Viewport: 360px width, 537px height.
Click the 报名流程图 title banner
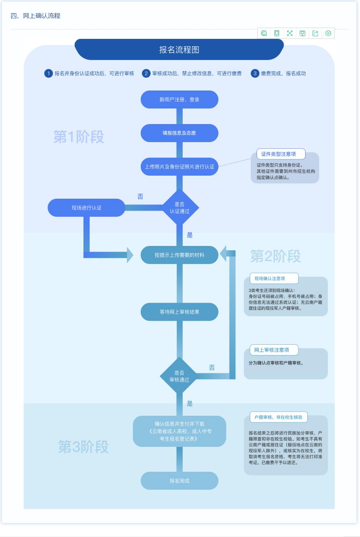[x=179, y=50]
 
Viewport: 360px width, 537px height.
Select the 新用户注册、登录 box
[x=179, y=99]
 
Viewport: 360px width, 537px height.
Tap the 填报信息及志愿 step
[x=179, y=133]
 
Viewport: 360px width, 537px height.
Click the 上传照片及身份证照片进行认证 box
[x=179, y=167]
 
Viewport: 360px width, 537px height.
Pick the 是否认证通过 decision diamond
[x=179, y=208]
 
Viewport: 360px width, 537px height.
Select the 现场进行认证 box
[x=86, y=208]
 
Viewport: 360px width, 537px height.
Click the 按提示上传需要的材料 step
[x=179, y=255]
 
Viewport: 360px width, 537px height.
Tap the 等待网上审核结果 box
[x=179, y=312]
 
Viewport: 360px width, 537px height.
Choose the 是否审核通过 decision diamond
[x=179, y=376]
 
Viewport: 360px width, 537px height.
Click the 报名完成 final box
[x=179, y=481]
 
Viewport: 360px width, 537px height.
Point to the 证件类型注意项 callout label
[x=278, y=154]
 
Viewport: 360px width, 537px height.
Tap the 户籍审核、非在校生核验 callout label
[x=278, y=417]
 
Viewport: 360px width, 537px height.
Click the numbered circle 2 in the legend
[x=146, y=73]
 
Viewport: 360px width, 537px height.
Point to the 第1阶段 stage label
[x=79, y=137]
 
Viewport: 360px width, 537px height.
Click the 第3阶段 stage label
[x=83, y=447]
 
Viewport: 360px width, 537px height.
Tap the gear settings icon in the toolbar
[x=328, y=33]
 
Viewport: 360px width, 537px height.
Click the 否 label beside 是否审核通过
[x=212, y=367]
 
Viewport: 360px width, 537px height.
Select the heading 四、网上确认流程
[x=35, y=16]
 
